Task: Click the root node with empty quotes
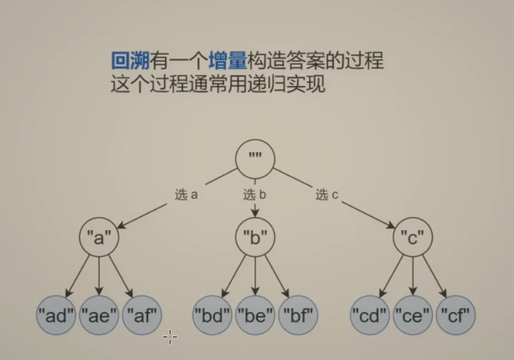pos(254,160)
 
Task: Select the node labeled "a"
pos(99,238)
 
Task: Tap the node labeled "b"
pos(254,238)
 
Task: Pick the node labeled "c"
pos(412,238)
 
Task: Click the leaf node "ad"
pos(57,316)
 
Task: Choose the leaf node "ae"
pos(99,316)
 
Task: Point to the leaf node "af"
pos(141,316)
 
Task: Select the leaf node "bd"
pos(213,316)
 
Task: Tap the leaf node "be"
pos(255,316)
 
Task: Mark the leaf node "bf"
pos(297,316)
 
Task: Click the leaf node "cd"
pos(370,316)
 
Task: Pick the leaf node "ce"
pos(412,316)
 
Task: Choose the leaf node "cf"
pos(455,316)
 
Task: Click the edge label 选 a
pos(186,194)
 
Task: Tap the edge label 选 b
pos(254,194)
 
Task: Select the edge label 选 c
pos(326,194)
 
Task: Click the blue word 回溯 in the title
pos(129,62)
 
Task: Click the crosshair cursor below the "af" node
pos(170,337)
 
